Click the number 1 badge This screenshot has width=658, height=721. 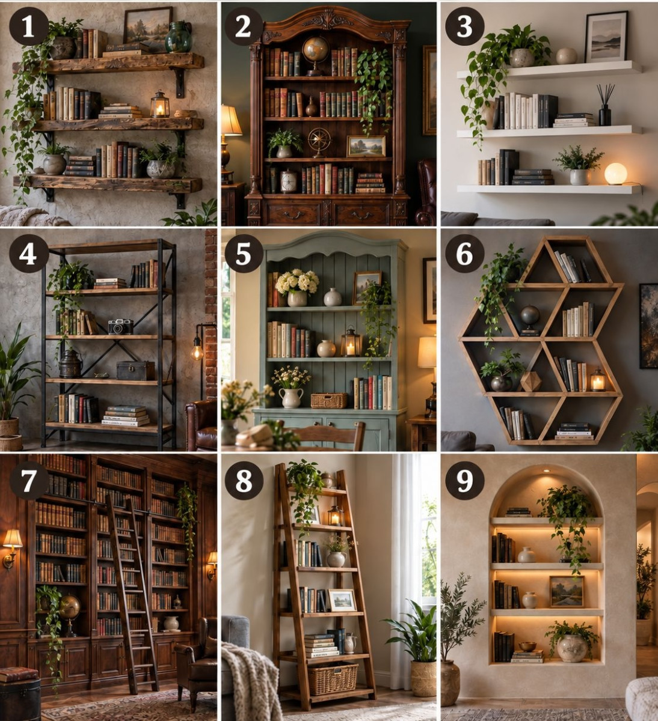(x=28, y=26)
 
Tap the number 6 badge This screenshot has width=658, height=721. (x=464, y=254)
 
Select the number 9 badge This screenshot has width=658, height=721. (x=464, y=481)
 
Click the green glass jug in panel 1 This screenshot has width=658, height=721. (x=178, y=37)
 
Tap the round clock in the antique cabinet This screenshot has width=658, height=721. (x=288, y=181)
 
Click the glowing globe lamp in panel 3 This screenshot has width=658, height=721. (x=615, y=174)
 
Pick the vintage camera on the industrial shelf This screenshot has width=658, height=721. (x=120, y=326)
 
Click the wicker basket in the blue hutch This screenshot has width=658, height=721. (x=328, y=400)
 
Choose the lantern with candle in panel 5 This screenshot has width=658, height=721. (x=351, y=342)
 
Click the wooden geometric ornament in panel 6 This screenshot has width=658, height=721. (x=530, y=382)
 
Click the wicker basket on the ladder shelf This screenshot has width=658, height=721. (x=332, y=678)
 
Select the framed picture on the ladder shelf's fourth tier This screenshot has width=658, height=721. (x=342, y=600)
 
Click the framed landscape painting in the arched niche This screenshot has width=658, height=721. (x=567, y=592)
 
